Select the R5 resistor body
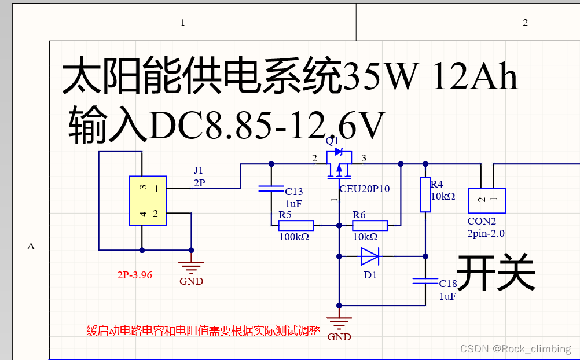(x=296, y=225)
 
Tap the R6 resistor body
(x=370, y=225)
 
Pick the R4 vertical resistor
(x=425, y=194)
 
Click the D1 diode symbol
(x=369, y=255)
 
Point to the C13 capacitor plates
(x=271, y=188)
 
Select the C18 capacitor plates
(x=425, y=281)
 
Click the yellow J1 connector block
(x=148, y=201)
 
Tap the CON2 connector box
(x=486, y=201)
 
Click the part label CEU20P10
(x=365, y=189)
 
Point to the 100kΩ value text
(x=294, y=237)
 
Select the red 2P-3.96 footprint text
(x=134, y=275)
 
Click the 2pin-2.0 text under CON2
(x=486, y=234)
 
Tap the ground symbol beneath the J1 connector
(x=191, y=267)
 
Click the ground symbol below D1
(x=339, y=322)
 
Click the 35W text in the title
(x=380, y=76)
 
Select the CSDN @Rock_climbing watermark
(x=515, y=349)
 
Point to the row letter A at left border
(x=31, y=247)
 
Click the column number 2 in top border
(x=526, y=23)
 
